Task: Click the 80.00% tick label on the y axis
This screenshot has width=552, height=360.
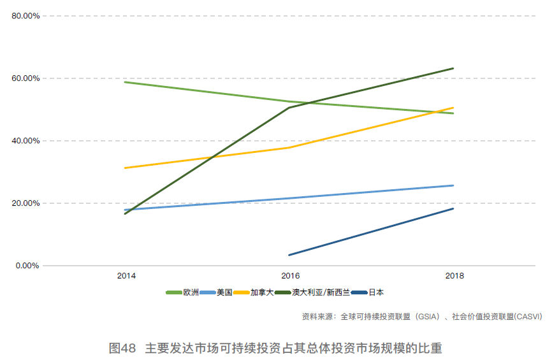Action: point(25,16)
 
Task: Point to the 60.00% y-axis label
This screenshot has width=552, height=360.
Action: point(25,78)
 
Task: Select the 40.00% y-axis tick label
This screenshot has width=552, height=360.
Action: point(25,141)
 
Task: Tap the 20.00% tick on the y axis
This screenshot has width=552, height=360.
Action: point(25,203)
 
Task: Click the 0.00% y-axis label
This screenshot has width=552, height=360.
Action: point(27,266)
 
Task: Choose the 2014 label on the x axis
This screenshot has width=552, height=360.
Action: point(126,277)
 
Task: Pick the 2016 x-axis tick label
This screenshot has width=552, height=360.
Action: point(290,277)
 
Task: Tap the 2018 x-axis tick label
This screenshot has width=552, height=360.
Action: point(454,277)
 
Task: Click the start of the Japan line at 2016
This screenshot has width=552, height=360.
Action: point(289,255)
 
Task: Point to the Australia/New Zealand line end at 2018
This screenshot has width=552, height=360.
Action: point(453,68)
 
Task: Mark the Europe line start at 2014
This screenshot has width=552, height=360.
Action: point(125,82)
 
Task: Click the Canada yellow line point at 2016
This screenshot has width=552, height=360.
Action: point(289,148)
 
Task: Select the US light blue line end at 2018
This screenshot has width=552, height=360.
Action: point(453,185)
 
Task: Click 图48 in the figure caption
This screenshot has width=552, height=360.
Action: point(122,349)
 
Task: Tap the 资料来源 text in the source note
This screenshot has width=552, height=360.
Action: point(317,316)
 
